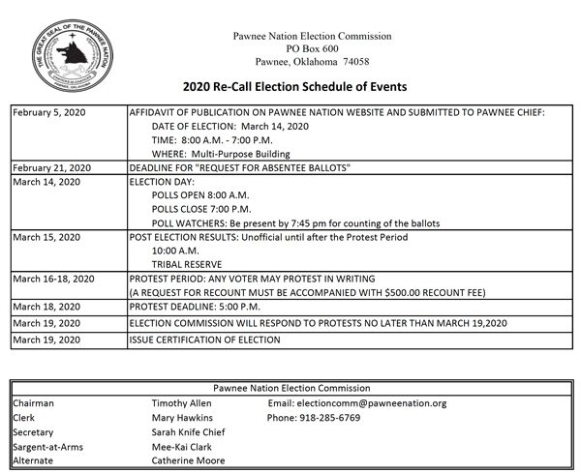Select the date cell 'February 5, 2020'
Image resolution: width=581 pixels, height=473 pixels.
tap(48, 113)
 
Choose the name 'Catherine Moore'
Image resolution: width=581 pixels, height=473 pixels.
tap(190, 460)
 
